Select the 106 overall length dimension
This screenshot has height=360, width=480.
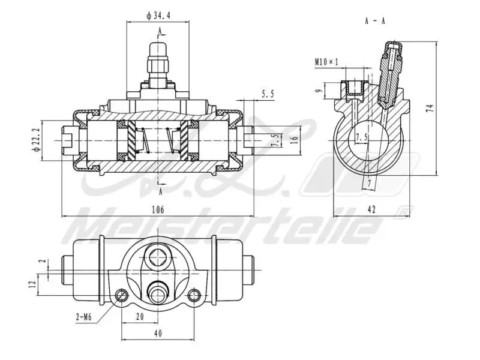(158, 209)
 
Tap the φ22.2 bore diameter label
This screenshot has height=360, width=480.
(37, 140)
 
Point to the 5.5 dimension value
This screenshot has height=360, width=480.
(268, 94)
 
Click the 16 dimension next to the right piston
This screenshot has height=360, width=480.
(294, 139)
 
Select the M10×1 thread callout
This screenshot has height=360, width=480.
(326, 61)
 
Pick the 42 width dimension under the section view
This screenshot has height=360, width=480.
(371, 209)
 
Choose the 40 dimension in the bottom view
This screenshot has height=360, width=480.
(158, 334)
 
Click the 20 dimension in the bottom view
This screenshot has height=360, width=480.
(140, 316)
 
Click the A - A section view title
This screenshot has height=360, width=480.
(375, 20)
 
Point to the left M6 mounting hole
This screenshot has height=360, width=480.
(122, 295)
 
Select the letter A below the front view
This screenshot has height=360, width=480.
(160, 191)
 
